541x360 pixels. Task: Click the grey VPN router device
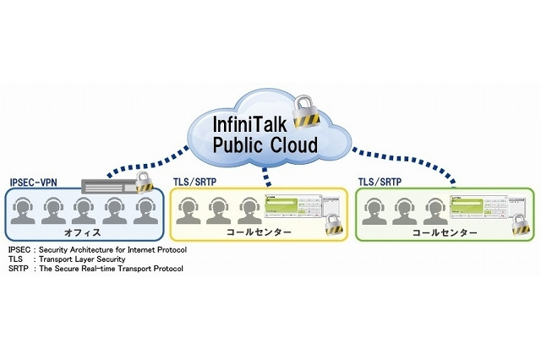click(x=108, y=185)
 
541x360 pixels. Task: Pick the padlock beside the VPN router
click(x=144, y=180)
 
